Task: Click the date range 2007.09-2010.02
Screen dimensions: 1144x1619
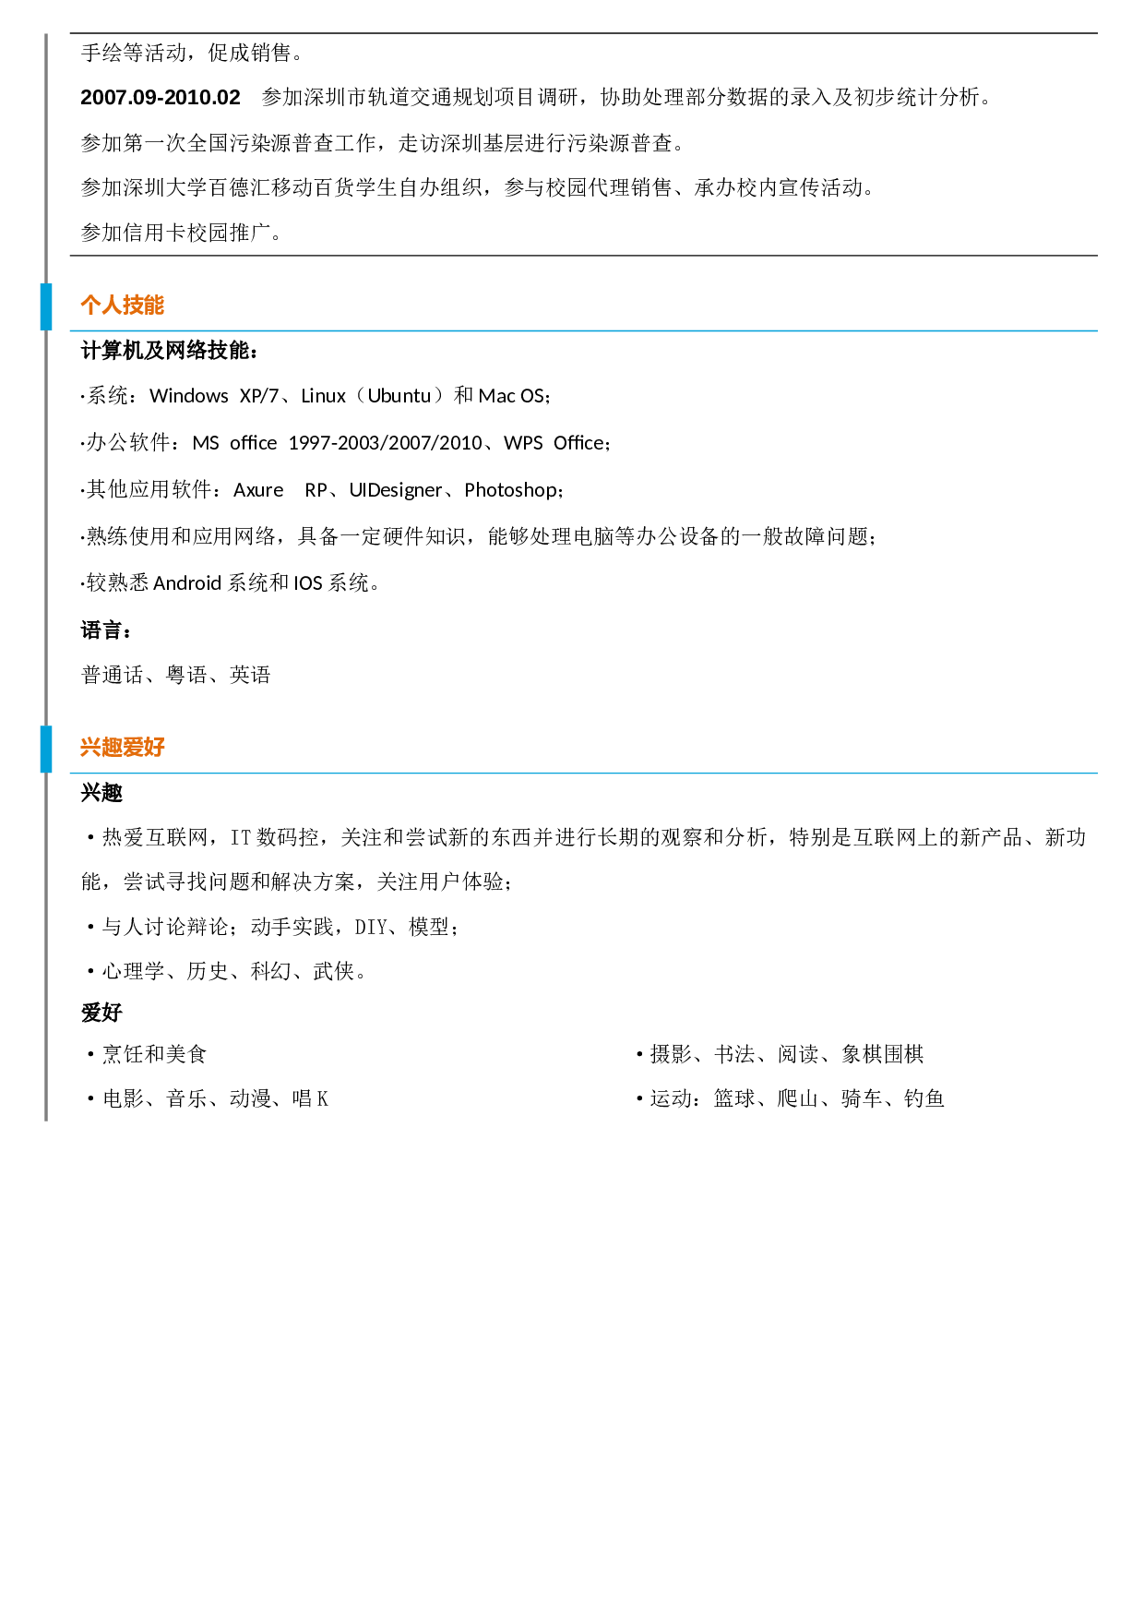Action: coord(161,97)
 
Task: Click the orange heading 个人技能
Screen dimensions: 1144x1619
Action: coord(122,305)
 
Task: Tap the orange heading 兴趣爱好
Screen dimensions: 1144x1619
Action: coord(122,747)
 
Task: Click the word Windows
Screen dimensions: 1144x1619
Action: coord(189,396)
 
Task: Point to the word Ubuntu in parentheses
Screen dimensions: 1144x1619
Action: coord(399,396)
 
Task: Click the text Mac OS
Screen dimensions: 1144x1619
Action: coord(511,396)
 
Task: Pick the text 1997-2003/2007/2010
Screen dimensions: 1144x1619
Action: coord(386,443)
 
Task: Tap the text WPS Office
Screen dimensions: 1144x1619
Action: coord(554,443)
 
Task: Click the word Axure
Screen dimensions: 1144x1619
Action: coord(258,490)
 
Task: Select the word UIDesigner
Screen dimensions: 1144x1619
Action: coord(396,490)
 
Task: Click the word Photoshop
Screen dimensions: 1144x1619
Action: coord(511,490)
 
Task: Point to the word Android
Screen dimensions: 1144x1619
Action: coord(187,583)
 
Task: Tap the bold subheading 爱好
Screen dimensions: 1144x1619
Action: coord(101,1013)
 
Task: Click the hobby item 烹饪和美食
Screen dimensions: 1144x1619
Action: coord(155,1054)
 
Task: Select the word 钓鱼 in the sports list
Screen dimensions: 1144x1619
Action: coord(924,1098)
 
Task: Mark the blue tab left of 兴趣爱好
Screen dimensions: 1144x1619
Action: coord(46,749)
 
